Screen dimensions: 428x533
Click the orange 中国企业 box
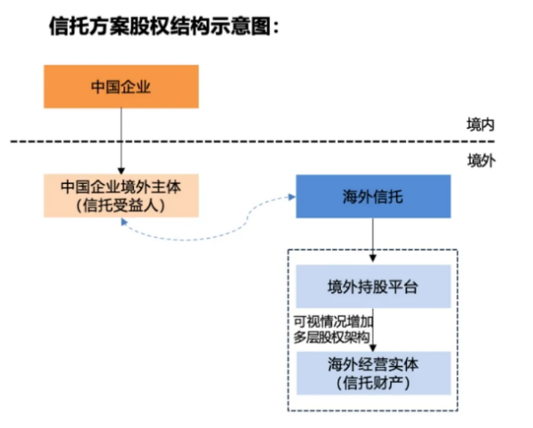click(x=121, y=86)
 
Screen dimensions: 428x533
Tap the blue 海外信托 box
click(x=372, y=196)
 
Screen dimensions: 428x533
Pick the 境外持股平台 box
click(x=372, y=286)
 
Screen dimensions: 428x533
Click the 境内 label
click(x=481, y=124)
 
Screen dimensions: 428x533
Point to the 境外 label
click(x=481, y=160)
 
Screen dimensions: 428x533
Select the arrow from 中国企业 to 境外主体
click(x=121, y=142)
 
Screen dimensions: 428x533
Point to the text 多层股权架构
click(x=332, y=337)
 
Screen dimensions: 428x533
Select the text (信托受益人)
click(x=121, y=205)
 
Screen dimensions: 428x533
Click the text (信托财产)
click(x=372, y=382)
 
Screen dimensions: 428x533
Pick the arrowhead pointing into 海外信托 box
click(x=290, y=196)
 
